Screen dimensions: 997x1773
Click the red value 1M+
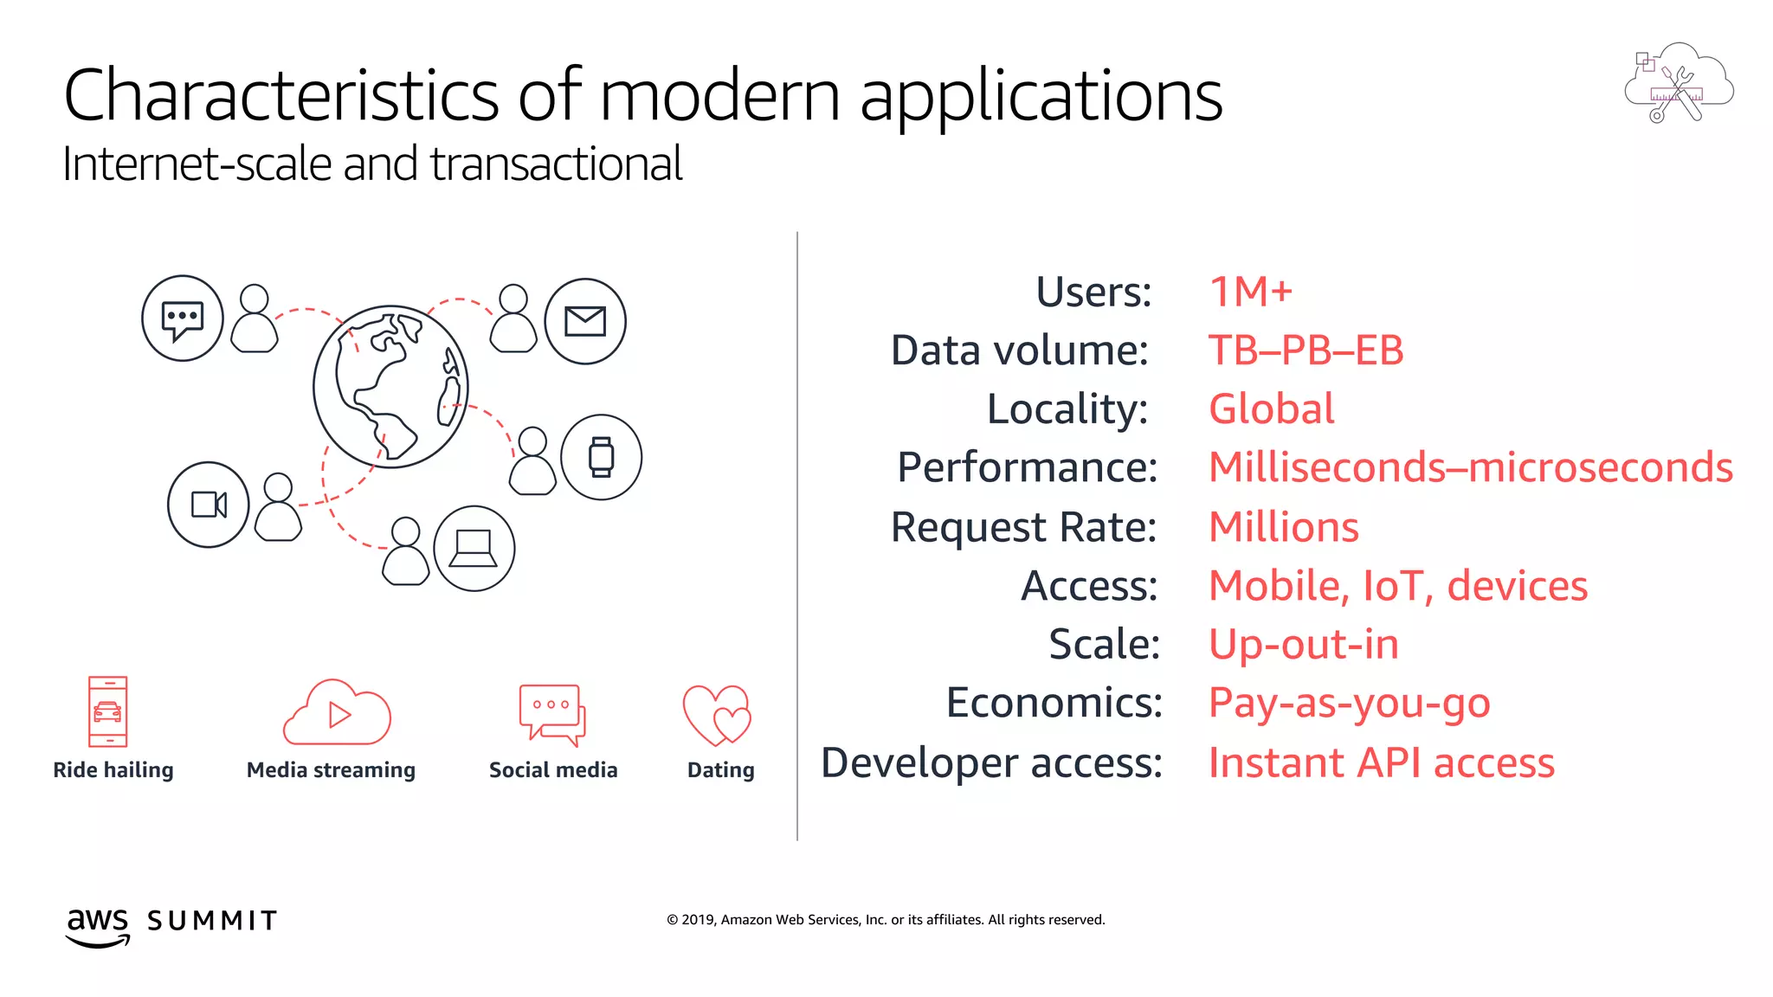point(1250,292)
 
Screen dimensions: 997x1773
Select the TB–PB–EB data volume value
point(1305,351)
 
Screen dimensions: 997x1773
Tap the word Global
point(1271,408)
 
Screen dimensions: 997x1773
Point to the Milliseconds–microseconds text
point(1470,467)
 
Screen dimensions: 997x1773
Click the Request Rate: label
point(1023,527)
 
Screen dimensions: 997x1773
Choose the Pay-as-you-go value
point(1349,703)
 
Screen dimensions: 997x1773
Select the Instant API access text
point(1381,763)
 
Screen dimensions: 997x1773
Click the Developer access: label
point(991,763)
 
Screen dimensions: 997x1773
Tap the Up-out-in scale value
point(1303,645)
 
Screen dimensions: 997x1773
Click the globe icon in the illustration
point(390,387)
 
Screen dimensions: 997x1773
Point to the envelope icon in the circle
point(585,321)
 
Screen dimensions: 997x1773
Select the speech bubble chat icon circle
point(183,318)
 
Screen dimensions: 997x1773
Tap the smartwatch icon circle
point(601,457)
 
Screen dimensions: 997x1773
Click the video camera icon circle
point(209,505)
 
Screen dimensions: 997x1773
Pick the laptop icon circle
point(474,548)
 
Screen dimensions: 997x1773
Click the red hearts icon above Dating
point(718,715)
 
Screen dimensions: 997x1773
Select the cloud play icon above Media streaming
point(337,713)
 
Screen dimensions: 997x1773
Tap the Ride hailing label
point(113,770)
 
